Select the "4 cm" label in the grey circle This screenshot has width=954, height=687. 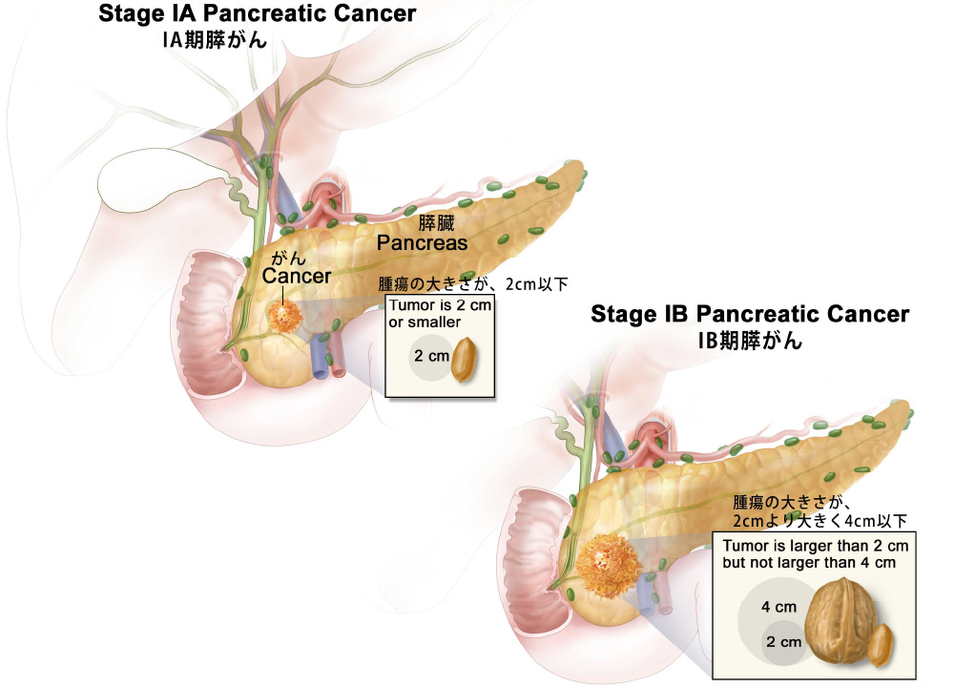tap(778, 607)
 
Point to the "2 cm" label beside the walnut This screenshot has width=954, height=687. tap(783, 642)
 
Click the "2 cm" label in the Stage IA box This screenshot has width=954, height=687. tap(428, 357)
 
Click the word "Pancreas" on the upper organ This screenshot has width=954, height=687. tap(422, 242)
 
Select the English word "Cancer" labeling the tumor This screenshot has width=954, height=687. tap(297, 276)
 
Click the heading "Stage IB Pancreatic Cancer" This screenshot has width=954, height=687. tap(750, 315)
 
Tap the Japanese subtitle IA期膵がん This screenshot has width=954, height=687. tap(214, 40)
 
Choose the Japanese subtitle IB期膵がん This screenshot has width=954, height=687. tap(752, 341)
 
